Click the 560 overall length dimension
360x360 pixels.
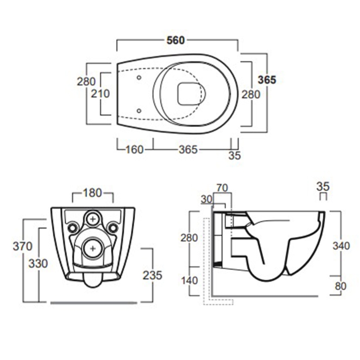coord(175,40)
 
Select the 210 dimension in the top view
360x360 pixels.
coord(100,94)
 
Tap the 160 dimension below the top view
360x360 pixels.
coord(135,150)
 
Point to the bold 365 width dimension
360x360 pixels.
coord(267,80)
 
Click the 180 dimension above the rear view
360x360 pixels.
coord(92,193)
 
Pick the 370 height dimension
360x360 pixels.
coord(22,246)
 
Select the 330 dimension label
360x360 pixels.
coord(38,264)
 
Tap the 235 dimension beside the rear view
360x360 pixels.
coord(153,275)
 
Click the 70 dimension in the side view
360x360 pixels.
coord(222,188)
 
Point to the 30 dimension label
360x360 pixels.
coord(207,199)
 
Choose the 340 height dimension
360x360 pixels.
coord(341,246)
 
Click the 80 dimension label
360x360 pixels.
coord(341,286)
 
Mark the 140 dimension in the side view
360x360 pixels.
coord(189,280)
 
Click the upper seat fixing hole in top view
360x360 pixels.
coord(139,77)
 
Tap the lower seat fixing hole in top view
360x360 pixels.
coord(139,111)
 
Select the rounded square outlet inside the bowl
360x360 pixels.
coord(188,94)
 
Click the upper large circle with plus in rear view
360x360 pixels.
coord(93,219)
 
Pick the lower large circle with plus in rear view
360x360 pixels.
coord(93,248)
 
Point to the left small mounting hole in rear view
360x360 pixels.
coord(73,228)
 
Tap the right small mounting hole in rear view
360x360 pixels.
coord(113,228)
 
